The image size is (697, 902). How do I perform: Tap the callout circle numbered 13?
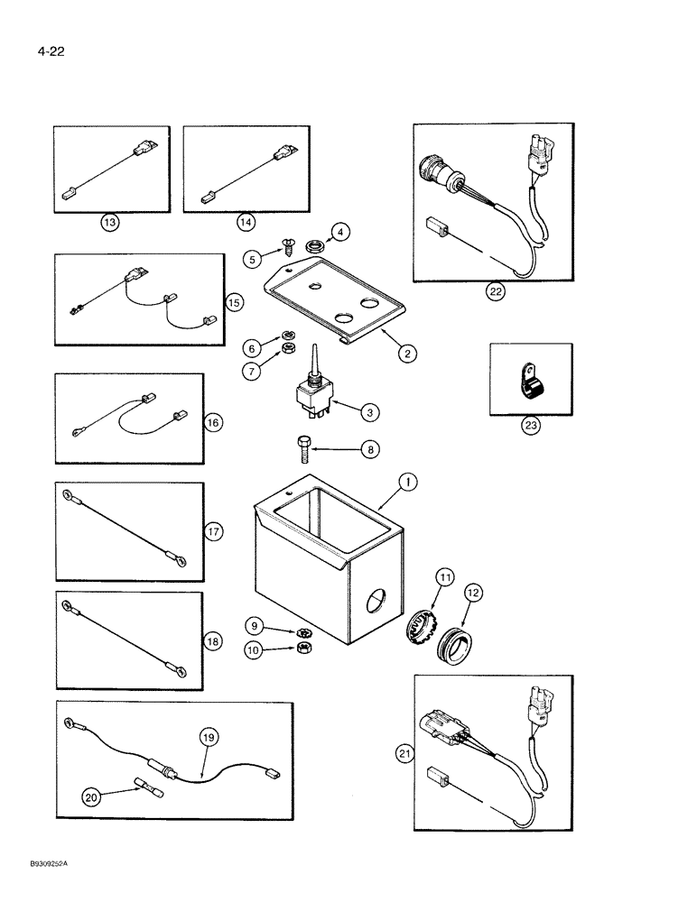110,222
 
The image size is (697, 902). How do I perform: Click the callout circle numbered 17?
212,532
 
